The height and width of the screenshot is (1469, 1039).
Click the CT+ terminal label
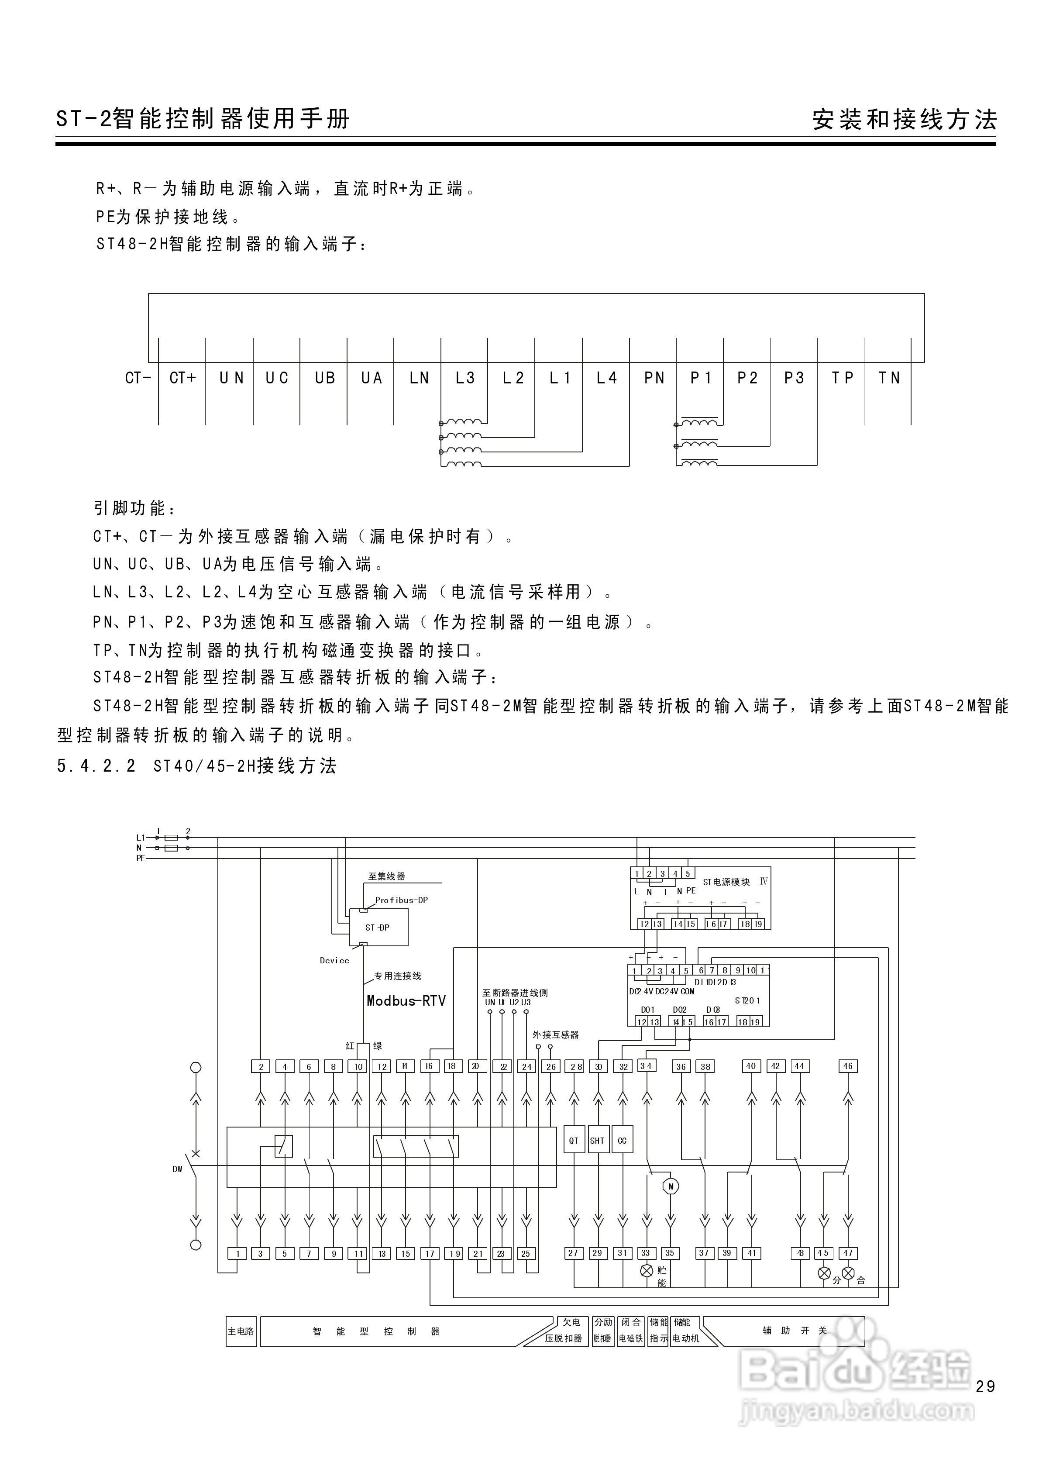tap(182, 378)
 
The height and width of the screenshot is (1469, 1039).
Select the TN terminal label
tap(889, 378)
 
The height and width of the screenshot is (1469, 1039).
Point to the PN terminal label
tap(654, 378)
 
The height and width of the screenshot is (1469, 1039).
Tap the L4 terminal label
tap(606, 378)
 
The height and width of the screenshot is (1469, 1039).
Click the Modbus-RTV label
tap(406, 1001)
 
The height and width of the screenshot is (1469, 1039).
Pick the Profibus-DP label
tap(401, 900)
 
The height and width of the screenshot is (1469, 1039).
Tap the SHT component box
tap(598, 1141)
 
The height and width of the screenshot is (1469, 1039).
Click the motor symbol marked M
tap(671, 1186)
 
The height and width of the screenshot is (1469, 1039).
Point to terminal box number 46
tap(848, 1066)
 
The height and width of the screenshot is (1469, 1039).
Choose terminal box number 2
tap(260, 1066)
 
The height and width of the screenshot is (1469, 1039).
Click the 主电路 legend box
tap(241, 1331)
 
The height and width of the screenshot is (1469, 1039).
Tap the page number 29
tap(985, 1386)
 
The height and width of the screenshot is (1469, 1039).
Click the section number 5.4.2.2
tap(96, 766)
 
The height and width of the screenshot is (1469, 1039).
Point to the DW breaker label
tap(177, 1169)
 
